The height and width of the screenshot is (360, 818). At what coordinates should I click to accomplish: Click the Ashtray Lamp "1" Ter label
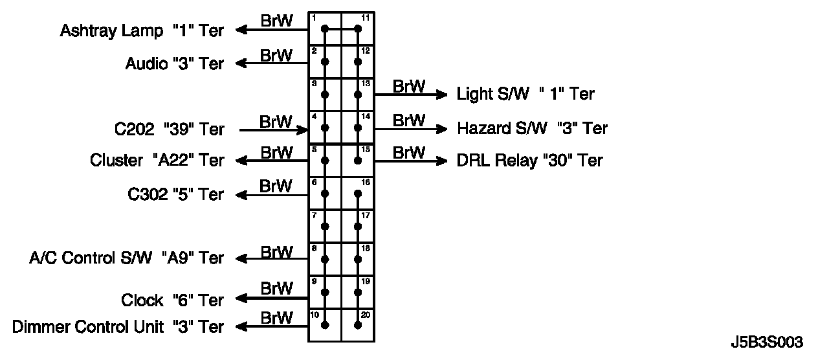tap(142, 30)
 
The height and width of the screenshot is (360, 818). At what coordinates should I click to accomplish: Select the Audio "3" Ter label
tap(174, 63)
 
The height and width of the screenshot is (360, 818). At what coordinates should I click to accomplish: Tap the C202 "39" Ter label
tap(170, 129)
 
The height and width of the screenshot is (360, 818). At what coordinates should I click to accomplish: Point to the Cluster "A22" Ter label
tap(157, 160)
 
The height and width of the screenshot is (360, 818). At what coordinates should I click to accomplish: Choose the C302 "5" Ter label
tap(176, 194)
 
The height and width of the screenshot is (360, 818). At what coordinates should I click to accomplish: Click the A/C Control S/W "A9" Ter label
tap(127, 258)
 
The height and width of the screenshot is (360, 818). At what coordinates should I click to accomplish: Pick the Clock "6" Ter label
tap(172, 300)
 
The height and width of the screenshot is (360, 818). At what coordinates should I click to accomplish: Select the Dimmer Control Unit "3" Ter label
tap(118, 326)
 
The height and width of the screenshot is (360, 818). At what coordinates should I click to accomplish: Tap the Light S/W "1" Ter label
tap(525, 94)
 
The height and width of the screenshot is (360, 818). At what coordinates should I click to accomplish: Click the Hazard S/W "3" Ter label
tap(532, 128)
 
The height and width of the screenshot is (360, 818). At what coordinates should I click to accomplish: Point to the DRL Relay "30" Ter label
tap(529, 160)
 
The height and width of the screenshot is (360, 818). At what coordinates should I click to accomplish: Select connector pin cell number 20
tap(358, 324)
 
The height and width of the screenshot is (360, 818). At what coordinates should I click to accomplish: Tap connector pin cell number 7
tap(325, 225)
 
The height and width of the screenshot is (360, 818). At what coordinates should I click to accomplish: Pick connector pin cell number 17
tap(358, 225)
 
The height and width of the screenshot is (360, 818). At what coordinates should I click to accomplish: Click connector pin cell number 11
tap(358, 28)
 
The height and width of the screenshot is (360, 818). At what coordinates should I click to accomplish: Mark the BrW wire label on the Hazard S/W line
tap(409, 120)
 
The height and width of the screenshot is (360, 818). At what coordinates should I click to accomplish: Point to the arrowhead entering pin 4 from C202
tap(303, 129)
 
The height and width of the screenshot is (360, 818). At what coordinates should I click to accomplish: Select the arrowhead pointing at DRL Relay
tap(442, 160)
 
